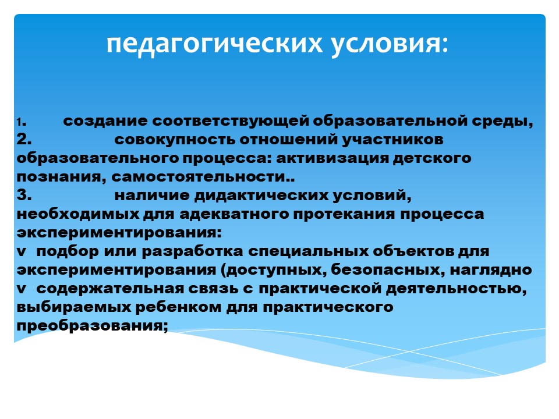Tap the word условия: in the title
(390, 45)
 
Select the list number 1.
(21, 123)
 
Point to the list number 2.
(24, 139)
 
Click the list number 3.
(24, 196)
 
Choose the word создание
(105, 121)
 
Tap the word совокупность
(175, 140)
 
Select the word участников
(393, 140)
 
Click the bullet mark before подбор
(22, 252)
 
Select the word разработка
(192, 251)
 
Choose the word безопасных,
(388, 270)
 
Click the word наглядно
(491, 270)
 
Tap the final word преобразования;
(92, 326)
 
